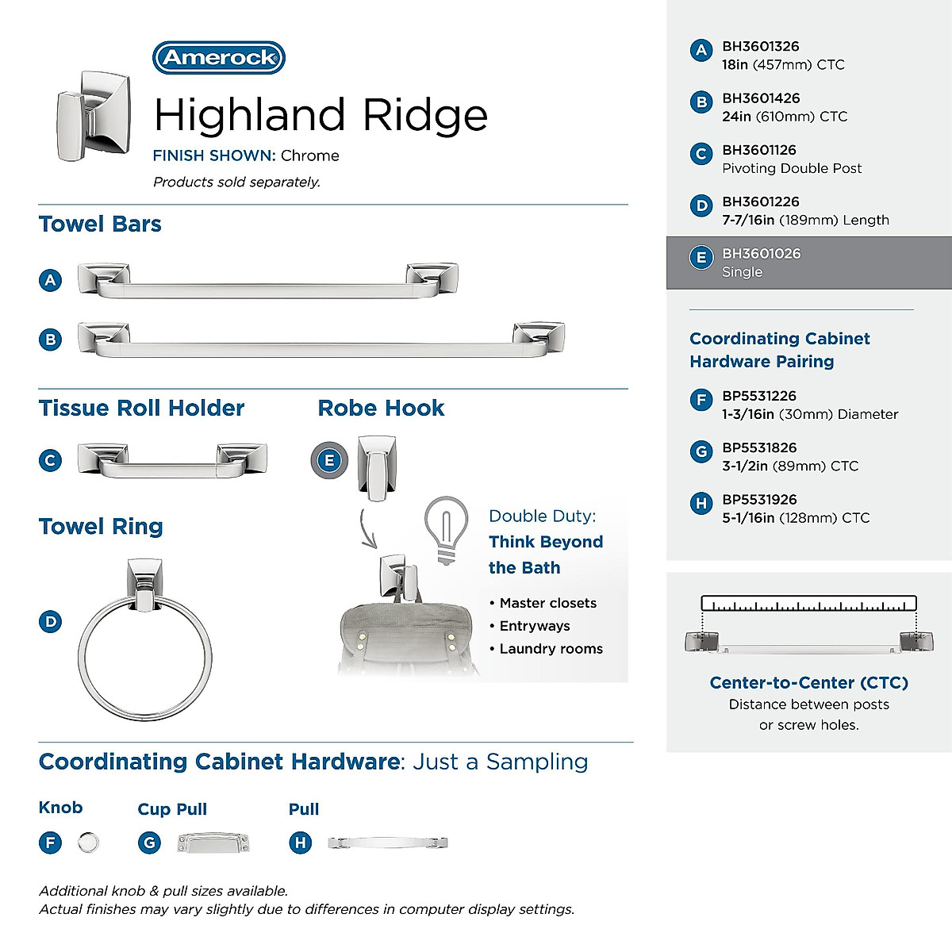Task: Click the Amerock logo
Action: [218, 58]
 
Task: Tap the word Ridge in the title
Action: [424, 115]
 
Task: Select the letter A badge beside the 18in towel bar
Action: [50, 280]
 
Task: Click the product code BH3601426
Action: [760, 98]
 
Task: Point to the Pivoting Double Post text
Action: [791, 168]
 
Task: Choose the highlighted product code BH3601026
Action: [761, 254]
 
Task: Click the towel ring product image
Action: [144, 641]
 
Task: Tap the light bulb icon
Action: [445, 530]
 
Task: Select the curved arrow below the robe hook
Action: [367, 530]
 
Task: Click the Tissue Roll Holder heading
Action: [141, 409]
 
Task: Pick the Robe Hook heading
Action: [381, 409]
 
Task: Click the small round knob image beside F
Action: [89, 843]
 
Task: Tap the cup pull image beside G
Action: [213, 843]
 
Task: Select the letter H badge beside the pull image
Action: [300, 843]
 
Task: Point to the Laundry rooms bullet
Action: [551, 649]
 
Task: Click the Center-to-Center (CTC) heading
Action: [808, 682]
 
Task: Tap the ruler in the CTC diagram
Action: [808, 605]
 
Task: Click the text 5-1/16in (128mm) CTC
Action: [795, 518]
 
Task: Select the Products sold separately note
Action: [236, 182]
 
